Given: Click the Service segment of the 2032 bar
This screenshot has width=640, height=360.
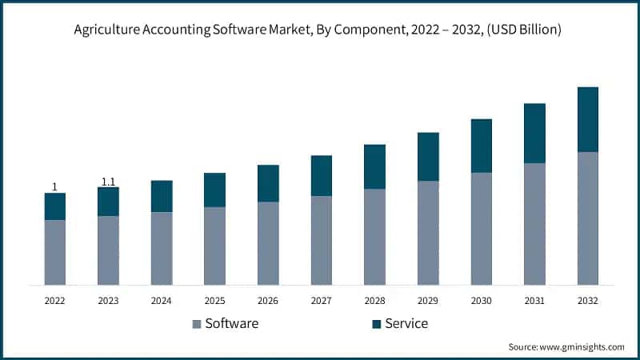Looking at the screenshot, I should [x=587, y=119].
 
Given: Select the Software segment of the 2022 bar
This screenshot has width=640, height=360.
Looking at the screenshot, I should [x=54, y=252].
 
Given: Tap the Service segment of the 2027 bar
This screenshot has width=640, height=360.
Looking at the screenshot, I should [x=321, y=175].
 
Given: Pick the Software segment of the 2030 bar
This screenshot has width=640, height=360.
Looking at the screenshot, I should [x=481, y=228].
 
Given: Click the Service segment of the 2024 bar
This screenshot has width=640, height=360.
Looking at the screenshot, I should [x=162, y=196].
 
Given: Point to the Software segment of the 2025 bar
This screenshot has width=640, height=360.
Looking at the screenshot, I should [x=214, y=246].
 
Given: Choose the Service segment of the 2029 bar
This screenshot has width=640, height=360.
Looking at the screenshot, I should [x=428, y=156].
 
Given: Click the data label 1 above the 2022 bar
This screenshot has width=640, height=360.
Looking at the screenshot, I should [x=54, y=186].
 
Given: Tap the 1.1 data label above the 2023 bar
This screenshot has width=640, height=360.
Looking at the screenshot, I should [x=108, y=182].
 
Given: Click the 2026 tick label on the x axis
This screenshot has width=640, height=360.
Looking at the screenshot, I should [x=268, y=301].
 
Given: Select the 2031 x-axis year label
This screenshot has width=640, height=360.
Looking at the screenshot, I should [x=534, y=301].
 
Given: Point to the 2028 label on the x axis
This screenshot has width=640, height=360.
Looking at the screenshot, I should [x=374, y=301].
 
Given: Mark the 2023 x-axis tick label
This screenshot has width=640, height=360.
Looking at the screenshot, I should [x=108, y=301].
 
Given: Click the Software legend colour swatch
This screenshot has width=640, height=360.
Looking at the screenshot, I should [x=197, y=324].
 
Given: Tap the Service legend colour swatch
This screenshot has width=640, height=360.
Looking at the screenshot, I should [x=376, y=324].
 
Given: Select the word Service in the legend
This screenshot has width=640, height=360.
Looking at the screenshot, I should [x=406, y=323].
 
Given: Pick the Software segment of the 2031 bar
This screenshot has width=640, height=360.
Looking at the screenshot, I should [x=534, y=223].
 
